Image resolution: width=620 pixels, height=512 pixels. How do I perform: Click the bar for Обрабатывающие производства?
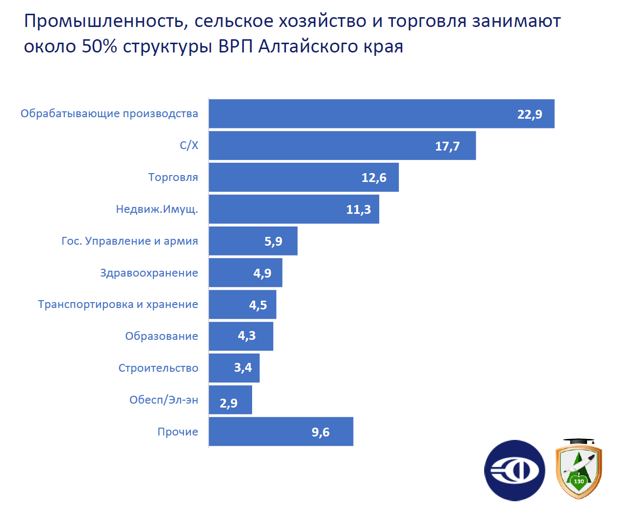pyautogui.click(x=363, y=114)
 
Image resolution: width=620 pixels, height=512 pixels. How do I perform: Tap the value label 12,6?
pyautogui.click(x=374, y=178)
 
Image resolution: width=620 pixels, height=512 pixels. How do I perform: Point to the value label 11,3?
pyautogui.click(x=359, y=209)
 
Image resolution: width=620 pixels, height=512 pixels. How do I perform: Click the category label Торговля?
pyautogui.click(x=173, y=177)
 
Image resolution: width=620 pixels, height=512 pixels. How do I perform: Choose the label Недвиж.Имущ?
pyautogui.click(x=157, y=209)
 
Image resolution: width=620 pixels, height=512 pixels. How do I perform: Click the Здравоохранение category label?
pyautogui.click(x=149, y=273)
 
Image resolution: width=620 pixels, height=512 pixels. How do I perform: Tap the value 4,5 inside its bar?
pyautogui.click(x=258, y=305)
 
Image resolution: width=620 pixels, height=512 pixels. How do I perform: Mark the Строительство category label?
pyautogui.click(x=158, y=368)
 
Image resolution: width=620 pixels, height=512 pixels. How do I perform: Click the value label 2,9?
pyautogui.click(x=229, y=403)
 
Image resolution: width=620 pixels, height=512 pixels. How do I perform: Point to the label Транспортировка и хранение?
pyautogui.click(x=118, y=304)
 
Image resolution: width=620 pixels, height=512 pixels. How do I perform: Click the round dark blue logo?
pyautogui.click(x=515, y=470)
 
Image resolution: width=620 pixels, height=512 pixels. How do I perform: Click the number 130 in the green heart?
pyautogui.click(x=579, y=481)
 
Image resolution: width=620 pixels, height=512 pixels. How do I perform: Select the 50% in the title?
pyautogui.click(x=100, y=46)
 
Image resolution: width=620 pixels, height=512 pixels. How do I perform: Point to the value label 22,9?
pyautogui.click(x=530, y=114)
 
